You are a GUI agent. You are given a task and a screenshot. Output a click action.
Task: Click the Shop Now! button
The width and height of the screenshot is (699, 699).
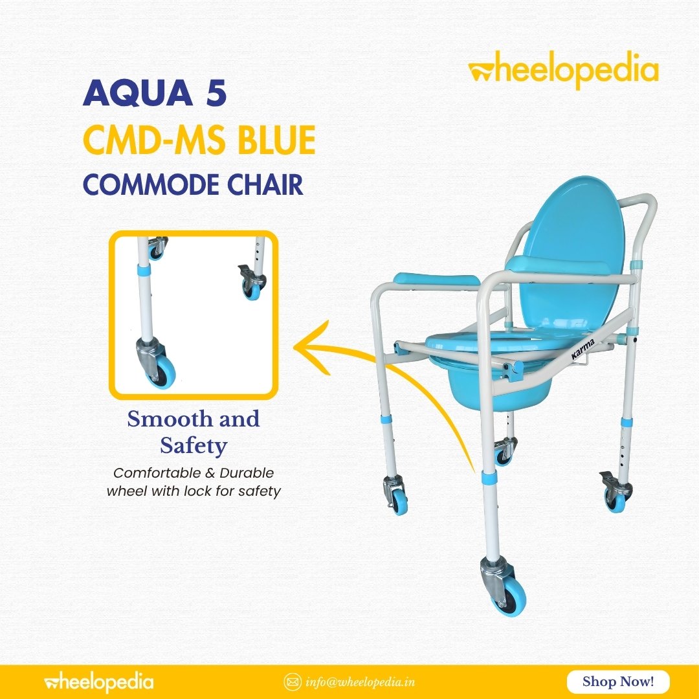618,682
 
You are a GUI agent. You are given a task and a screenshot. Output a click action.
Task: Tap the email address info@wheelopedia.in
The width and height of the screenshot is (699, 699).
361,682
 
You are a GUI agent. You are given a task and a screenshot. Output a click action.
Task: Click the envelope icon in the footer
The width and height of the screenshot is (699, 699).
293,682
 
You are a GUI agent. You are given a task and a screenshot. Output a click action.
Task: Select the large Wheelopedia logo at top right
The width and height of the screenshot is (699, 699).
563,70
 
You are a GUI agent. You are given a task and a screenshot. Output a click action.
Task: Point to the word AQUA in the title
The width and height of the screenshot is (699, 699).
138,93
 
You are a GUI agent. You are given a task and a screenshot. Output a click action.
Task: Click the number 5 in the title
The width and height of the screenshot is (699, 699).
216,93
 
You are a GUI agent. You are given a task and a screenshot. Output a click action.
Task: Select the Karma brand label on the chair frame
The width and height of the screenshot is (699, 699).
582,349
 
